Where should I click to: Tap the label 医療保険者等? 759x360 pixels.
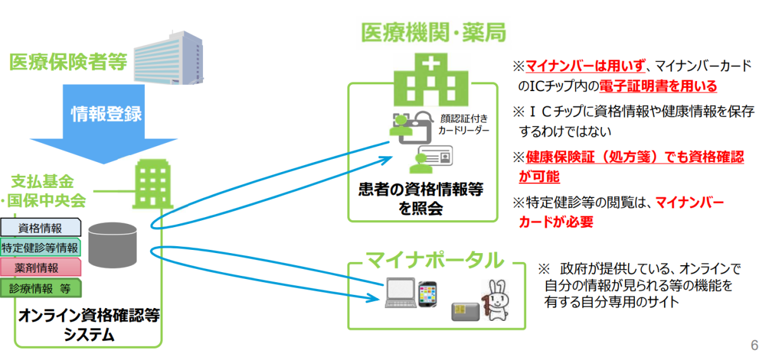(x=68, y=62)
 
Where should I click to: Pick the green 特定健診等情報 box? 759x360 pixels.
(x=40, y=247)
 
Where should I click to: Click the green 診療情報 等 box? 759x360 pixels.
(x=40, y=288)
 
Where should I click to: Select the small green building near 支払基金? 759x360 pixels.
(x=147, y=184)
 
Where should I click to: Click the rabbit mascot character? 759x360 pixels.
(x=495, y=300)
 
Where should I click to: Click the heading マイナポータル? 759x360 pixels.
(x=436, y=260)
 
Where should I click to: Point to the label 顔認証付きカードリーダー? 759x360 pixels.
(x=463, y=124)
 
